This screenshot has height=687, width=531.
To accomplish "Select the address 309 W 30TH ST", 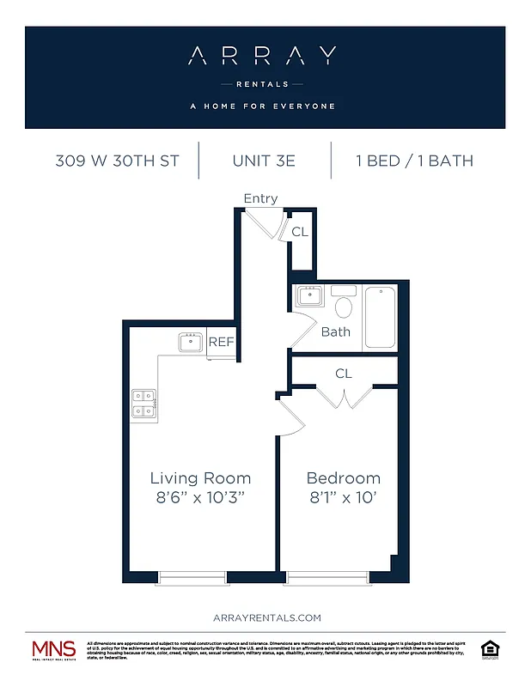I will [117, 161].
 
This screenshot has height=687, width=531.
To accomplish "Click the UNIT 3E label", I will [265, 161].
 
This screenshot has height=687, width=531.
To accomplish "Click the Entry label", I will [260, 198].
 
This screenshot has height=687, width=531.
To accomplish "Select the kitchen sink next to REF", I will [191, 343].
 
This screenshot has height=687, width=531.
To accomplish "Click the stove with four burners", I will [144, 404].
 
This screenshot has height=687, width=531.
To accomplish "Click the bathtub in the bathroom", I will [381, 318].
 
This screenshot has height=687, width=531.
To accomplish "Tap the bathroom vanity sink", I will [308, 297].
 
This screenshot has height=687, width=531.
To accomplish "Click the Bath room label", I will [336, 331].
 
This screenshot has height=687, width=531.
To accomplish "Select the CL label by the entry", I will [300, 232].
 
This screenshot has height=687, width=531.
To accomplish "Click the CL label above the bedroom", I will [344, 374].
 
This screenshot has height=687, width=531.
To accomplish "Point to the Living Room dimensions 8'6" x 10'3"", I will [200, 499].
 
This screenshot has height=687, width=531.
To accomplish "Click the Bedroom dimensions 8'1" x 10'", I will [343, 499].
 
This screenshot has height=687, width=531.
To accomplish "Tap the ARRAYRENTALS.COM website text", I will [265, 617].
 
